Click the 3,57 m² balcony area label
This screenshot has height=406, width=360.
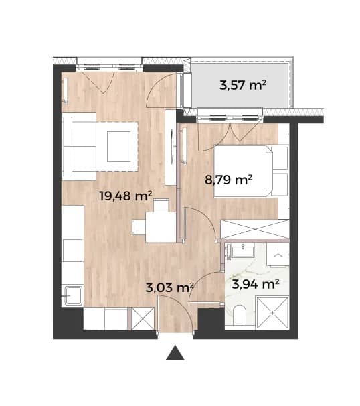click(x=243, y=85)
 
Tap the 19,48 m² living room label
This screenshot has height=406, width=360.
click(x=125, y=196)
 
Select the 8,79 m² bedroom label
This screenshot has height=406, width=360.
click(x=228, y=179)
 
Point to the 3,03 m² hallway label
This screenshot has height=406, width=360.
click(x=170, y=287)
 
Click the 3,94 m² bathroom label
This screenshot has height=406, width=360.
click(x=256, y=284)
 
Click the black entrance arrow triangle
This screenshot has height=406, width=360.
click(x=175, y=352)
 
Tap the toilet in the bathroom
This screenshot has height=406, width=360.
click(x=240, y=315)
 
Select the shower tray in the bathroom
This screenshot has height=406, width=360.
click(x=272, y=313)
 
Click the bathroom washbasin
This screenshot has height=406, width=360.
click(x=243, y=251)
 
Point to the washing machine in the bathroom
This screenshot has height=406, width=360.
click(x=278, y=255)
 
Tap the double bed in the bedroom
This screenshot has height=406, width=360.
click(x=244, y=172)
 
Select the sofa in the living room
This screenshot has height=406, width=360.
click(x=80, y=146)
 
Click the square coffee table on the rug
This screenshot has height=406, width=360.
click(x=118, y=147)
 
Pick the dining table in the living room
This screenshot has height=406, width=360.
click(x=161, y=227)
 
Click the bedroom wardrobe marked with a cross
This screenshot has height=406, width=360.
click(x=254, y=229)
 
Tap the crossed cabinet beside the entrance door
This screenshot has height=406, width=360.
click(x=143, y=318)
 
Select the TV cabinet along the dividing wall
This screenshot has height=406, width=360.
click(x=171, y=147)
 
